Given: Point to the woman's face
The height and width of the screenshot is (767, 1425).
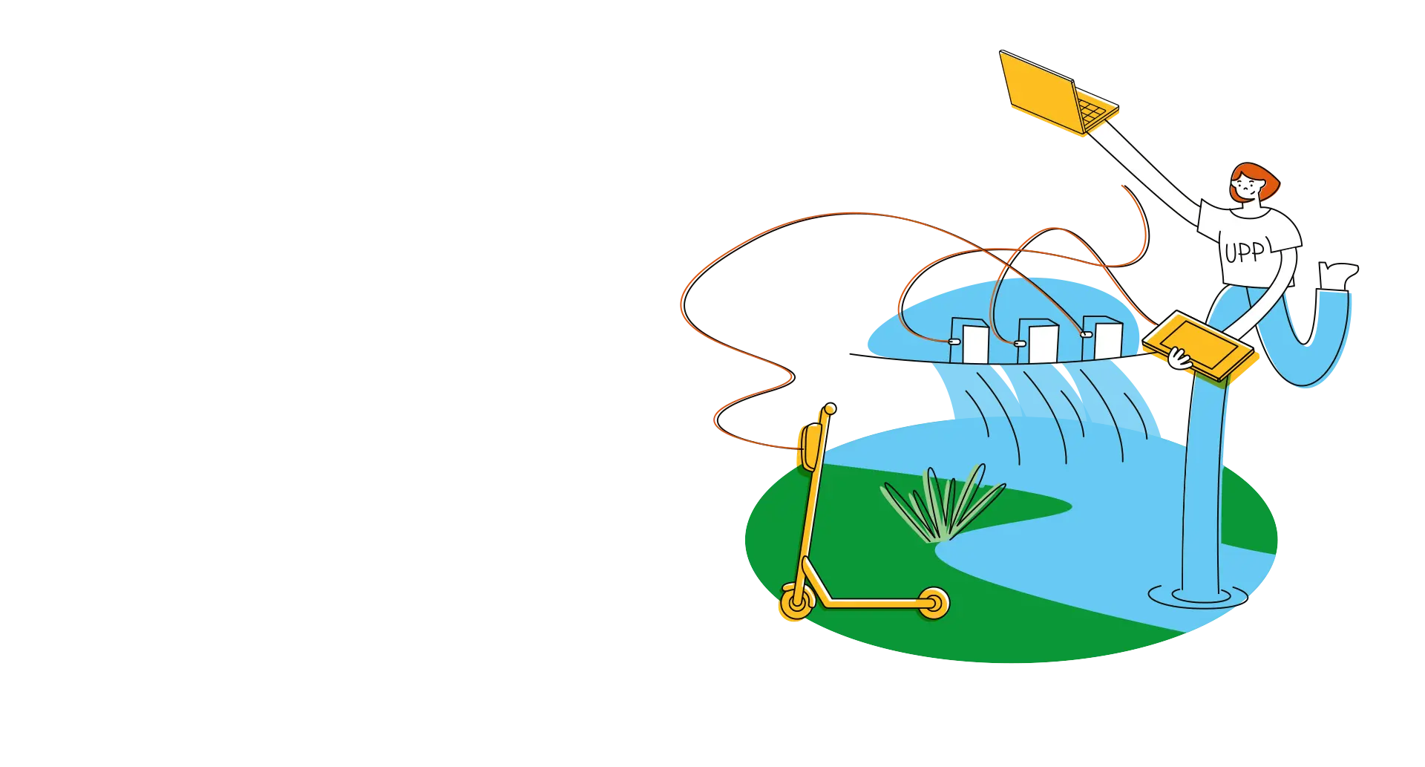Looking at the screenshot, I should [x=1246, y=189].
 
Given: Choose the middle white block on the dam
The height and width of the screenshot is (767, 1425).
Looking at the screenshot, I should [x=1039, y=342].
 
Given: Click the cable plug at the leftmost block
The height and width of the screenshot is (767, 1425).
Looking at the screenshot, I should [x=954, y=341].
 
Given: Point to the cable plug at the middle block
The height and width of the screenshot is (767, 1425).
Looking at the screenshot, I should [x=1020, y=343].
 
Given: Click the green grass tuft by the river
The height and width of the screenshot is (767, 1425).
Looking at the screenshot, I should [x=943, y=505].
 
